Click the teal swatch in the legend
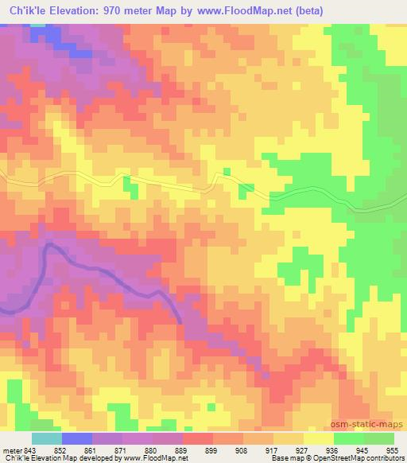pyautogui.click(x=46, y=438)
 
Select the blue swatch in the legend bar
pyautogui.click(x=76, y=438)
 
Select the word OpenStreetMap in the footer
pyautogui.click(x=331, y=458)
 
